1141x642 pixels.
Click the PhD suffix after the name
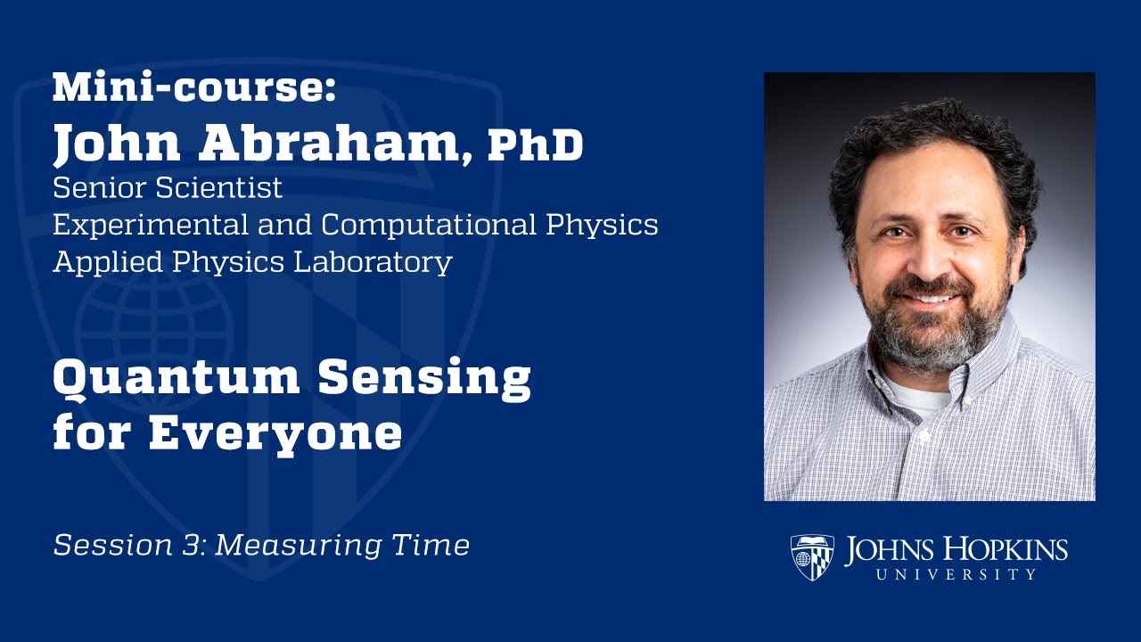535,144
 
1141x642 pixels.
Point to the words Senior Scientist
168,188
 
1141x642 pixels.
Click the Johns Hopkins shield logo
812,557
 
